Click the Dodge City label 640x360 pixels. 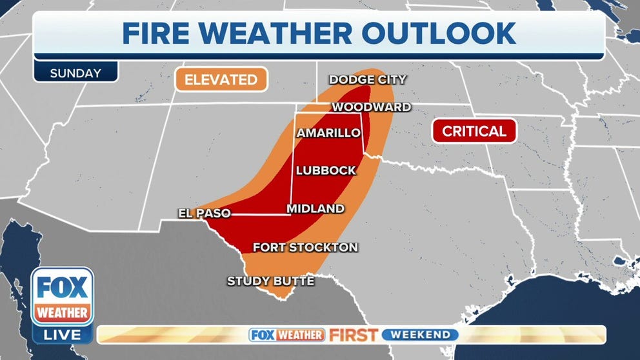click(368, 80)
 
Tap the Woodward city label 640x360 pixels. click(371, 107)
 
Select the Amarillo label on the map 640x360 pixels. click(328, 133)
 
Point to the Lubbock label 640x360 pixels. click(326, 170)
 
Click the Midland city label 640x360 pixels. click(315, 208)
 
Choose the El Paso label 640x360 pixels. click(205, 213)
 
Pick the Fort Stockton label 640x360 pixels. click(305, 247)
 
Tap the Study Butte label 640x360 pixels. click(270, 281)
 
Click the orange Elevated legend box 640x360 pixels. click(221, 80)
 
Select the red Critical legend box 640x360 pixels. click(475, 132)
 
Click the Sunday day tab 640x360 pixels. click(75, 73)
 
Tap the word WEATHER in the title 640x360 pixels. click(281, 33)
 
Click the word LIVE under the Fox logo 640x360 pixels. click(63, 335)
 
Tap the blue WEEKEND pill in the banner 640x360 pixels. click(420, 335)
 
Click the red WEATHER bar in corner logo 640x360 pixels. click(63, 313)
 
